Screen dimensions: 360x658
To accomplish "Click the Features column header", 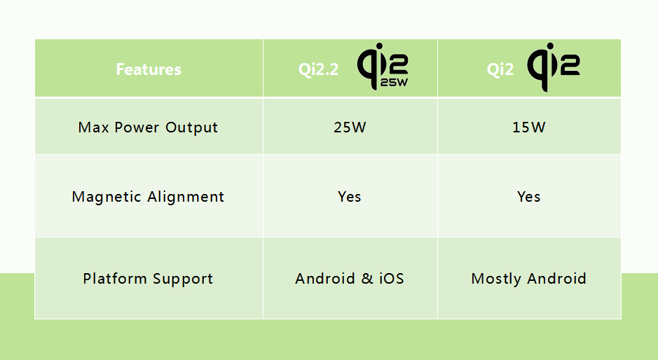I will click(149, 69).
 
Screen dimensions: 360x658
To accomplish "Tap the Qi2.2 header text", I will click(318, 69).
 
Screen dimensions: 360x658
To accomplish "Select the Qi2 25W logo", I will click(383, 67).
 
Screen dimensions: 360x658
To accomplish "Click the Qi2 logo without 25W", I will click(553, 66).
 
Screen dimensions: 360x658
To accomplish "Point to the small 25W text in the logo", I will click(394, 82).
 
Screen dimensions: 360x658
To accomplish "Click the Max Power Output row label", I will click(148, 127).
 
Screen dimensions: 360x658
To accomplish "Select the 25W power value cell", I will click(349, 127).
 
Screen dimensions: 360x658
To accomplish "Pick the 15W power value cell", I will click(528, 127).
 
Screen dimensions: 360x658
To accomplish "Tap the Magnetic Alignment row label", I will click(148, 197).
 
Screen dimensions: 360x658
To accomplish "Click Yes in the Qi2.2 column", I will click(349, 197).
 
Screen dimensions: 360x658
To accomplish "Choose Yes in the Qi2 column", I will click(528, 197).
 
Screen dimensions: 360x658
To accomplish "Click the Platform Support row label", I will click(148, 279).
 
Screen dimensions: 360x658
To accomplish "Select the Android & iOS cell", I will click(350, 279).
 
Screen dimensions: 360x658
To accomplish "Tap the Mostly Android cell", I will click(528, 279).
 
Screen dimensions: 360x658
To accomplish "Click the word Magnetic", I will click(107, 197).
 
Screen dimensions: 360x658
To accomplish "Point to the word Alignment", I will click(186, 197).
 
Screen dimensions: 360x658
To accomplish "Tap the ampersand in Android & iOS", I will click(367, 279).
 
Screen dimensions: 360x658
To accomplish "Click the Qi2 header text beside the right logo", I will click(500, 69).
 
